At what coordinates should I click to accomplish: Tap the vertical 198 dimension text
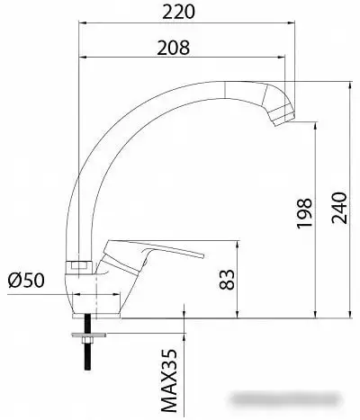coord(303,215)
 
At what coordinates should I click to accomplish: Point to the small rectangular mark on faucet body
coord(77,265)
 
